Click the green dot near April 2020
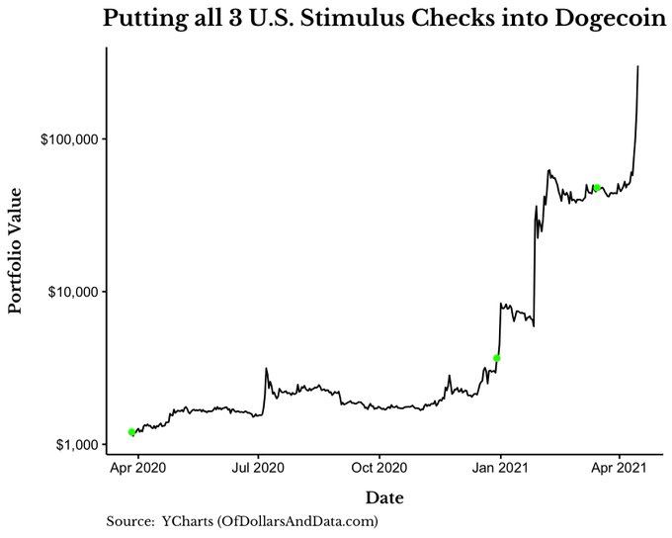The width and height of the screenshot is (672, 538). [131, 432]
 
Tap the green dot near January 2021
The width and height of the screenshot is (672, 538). [497, 358]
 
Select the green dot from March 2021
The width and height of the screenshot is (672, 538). [597, 187]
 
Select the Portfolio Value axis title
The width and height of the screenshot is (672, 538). [16, 254]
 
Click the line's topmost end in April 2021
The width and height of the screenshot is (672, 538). [638, 66]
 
